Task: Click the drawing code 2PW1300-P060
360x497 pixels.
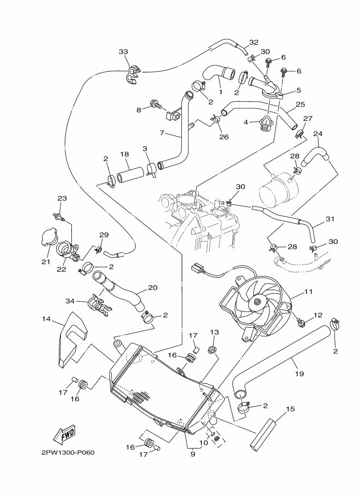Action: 68,452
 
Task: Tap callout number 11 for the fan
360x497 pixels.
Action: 308,292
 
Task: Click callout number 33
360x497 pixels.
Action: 124,51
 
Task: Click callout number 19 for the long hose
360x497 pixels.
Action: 299,373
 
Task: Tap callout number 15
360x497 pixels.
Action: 290,409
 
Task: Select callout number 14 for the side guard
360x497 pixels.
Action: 46,319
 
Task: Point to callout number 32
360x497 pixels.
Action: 254,42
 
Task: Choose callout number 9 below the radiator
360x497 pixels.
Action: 193,454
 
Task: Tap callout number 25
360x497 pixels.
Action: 300,105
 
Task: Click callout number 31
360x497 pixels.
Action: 330,219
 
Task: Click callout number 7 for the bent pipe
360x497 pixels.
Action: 162,133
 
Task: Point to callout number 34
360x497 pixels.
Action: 70,300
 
